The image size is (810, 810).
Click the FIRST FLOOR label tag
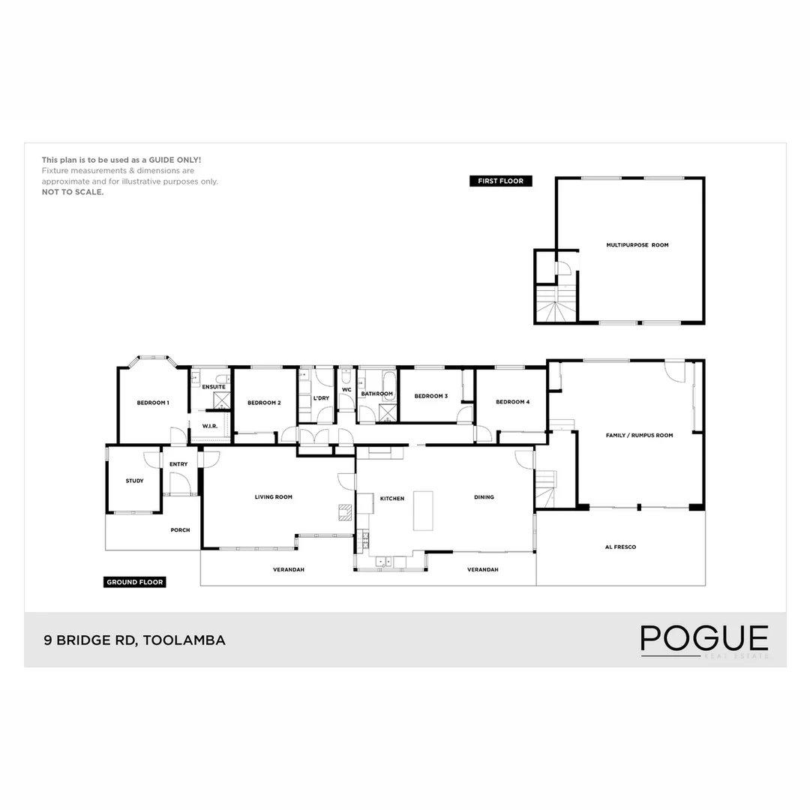coord(500,181)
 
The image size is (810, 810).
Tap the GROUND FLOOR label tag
coord(135,582)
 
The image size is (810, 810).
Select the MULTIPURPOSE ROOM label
coord(637,245)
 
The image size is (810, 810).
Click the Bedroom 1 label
coord(153,403)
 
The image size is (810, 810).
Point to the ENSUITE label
coord(214,387)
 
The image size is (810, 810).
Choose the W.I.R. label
coord(210,426)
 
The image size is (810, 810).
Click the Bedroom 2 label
coord(264,403)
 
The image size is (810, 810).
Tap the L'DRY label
coord(321,398)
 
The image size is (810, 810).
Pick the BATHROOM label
coord(376,394)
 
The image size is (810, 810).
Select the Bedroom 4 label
coord(513,402)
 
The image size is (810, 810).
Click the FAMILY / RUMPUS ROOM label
coord(640,435)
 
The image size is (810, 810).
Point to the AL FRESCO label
coord(620,547)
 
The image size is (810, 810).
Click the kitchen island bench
coord(424,511)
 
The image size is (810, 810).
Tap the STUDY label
coord(134,481)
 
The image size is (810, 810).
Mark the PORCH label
coord(180,530)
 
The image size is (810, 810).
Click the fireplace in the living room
coord(346,511)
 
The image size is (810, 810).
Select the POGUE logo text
coord(704,638)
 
